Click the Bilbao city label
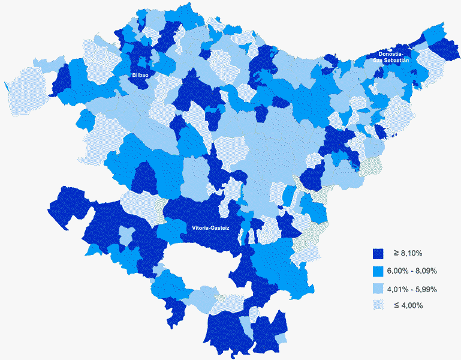[x=140, y=75]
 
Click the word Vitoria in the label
[x=203, y=229]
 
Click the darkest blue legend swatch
[x=377, y=253]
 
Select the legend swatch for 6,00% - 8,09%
[x=377, y=271]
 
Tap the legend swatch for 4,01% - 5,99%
[x=377, y=289]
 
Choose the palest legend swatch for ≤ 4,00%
[x=377, y=305]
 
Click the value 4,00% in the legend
[x=413, y=305]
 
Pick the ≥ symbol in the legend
[x=396, y=253]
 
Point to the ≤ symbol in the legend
[x=396, y=305]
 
